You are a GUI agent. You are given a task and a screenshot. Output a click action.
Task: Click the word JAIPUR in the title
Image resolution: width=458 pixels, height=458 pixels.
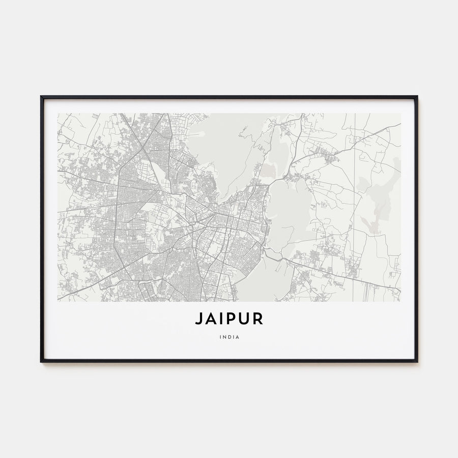coord(229,319)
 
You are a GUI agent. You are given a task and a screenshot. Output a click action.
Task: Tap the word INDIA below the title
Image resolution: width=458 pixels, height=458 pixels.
coord(229,336)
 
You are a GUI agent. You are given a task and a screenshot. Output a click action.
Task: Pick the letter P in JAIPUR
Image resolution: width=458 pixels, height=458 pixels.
coord(231,319)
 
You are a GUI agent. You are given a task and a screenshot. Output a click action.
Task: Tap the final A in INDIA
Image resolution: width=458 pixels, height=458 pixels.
coord(238,336)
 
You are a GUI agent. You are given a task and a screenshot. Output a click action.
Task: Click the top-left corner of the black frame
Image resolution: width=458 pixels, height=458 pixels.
coord(42,97)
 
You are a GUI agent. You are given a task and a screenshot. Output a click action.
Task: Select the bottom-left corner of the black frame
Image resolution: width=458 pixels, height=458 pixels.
coord(42,361)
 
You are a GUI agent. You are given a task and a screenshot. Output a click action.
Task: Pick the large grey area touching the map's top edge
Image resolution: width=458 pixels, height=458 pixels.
coord(224,142)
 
